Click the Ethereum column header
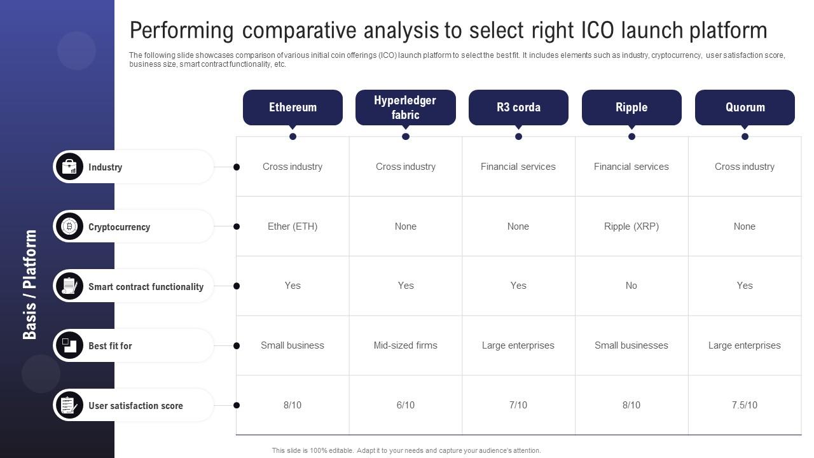coord(293,108)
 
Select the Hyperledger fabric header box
coord(406,108)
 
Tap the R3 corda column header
coord(518,108)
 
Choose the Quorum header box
coord(745,108)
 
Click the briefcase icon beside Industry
coord(69,167)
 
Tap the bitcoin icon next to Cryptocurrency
coord(69,226)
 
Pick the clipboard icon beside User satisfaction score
coord(69,405)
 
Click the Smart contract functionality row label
coord(146,287)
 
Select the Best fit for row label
coord(110,346)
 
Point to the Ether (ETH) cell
coord(293,226)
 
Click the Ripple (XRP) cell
coord(631,226)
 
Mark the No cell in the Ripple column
coord(631,286)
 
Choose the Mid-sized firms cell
coord(406,345)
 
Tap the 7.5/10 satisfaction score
coord(745,405)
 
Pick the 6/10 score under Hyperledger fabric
coord(406,405)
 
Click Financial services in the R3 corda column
coord(518,167)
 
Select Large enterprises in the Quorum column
coord(745,345)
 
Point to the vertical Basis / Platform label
coord(30,284)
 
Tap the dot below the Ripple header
coord(631,137)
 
